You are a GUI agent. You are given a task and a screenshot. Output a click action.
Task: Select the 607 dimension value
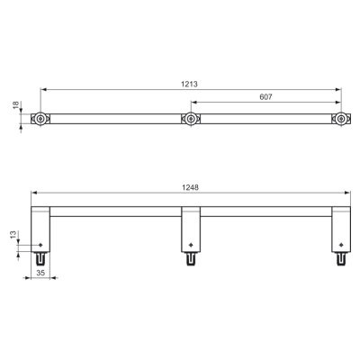(266, 97)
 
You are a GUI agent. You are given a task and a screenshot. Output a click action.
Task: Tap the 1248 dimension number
(188, 188)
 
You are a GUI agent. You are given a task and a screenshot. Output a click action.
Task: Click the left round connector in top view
(41, 119)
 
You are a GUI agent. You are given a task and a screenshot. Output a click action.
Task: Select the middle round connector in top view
(190, 119)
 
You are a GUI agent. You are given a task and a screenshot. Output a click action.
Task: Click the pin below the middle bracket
(191, 258)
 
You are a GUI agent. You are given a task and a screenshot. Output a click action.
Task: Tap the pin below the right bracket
(342, 258)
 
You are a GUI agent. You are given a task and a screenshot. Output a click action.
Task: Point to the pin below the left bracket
(42, 258)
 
